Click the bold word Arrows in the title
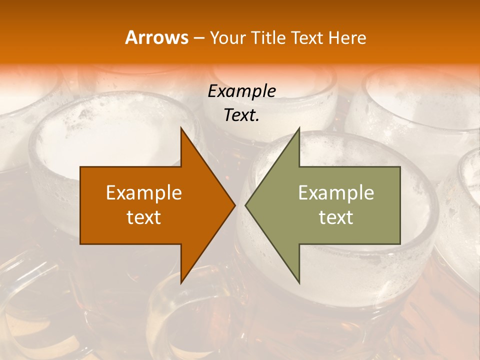pos(157,37)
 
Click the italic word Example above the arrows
pos(241,91)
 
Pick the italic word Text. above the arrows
pos(241,115)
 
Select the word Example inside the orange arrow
pos(144,193)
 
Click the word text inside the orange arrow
pos(144,217)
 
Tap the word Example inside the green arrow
pos(336,193)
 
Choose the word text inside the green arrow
pos(336,217)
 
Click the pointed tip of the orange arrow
pos(235,205)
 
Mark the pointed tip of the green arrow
pos(245,205)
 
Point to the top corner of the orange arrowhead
pos(181,128)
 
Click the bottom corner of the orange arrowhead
pos(181,283)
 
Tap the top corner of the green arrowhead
pos(299,128)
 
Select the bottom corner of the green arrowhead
pos(299,283)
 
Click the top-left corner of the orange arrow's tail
pos(80,167)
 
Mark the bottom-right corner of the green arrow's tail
pos(400,244)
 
